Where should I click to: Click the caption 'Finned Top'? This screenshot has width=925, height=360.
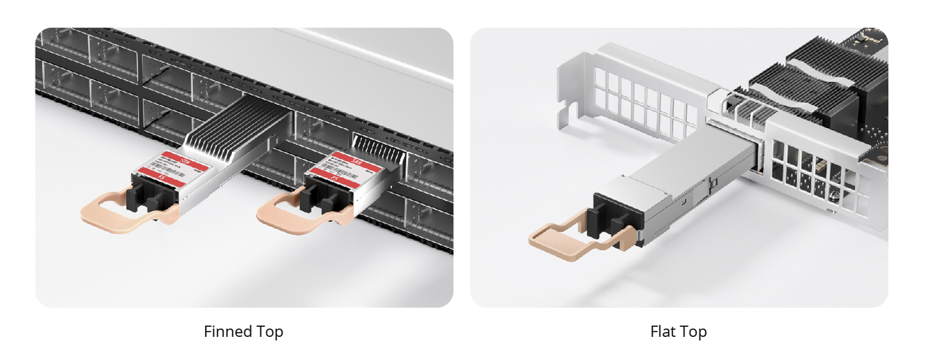click(244, 332)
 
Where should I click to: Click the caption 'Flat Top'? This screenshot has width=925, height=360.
click(678, 332)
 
